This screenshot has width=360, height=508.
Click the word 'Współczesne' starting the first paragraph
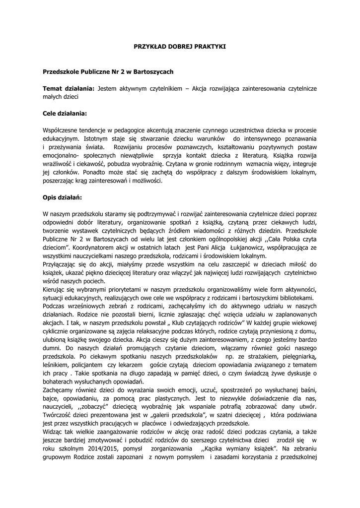[62, 130]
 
